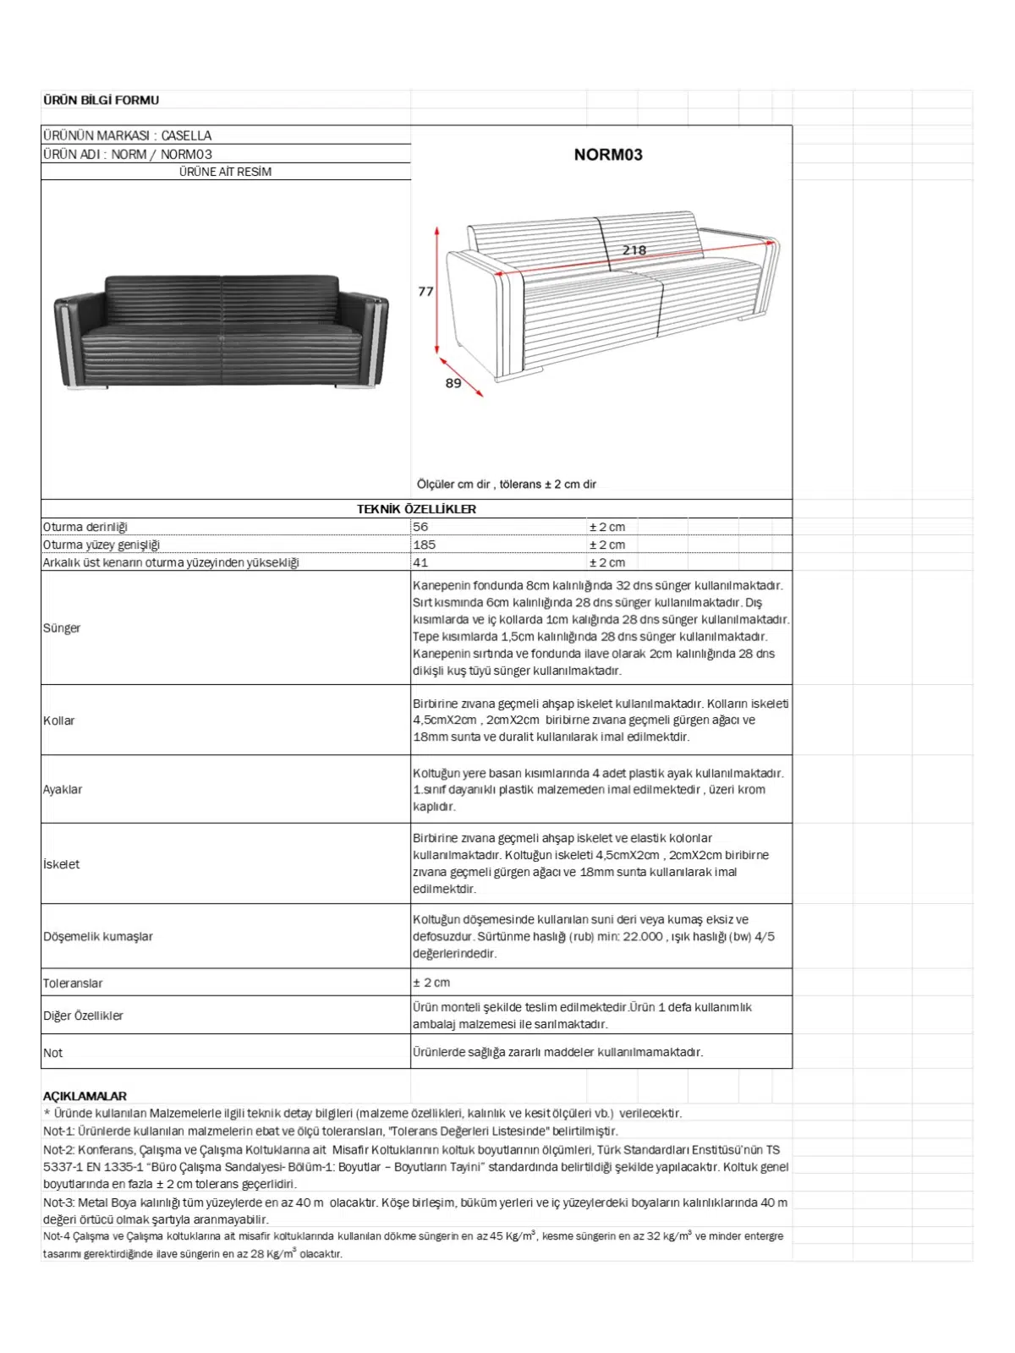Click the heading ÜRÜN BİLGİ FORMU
coord(101,100)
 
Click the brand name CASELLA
coord(186,135)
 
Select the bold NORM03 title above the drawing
coord(608,155)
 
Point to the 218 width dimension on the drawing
coord(634,250)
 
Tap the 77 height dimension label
coord(425,292)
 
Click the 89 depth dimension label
coord(453,383)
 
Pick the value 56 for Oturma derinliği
coord(420,527)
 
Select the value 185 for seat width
coord(425,545)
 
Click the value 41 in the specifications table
coord(420,562)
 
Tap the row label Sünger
coord(62,628)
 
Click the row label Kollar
coord(59,720)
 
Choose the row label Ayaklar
coord(63,790)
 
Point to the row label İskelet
coord(62,864)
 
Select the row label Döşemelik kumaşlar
coord(98,937)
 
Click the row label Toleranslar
coord(73,983)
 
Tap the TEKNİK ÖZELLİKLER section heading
coord(416,509)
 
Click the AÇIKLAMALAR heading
coord(85,1096)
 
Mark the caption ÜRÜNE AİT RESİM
coord(225,172)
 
